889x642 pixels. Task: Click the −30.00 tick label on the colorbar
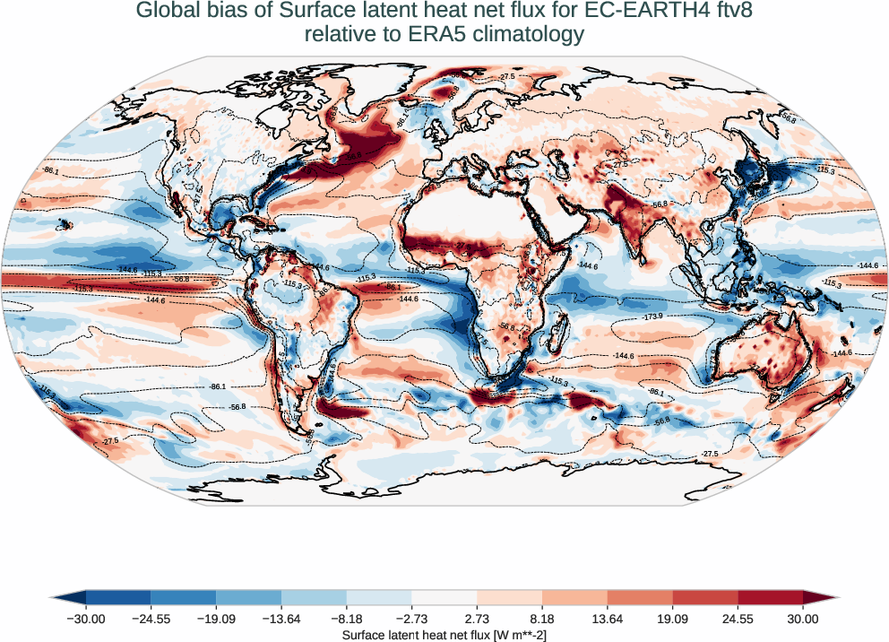tap(86, 619)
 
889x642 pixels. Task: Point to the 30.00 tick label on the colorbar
tap(803, 619)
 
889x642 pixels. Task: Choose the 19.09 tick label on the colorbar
tap(672, 619)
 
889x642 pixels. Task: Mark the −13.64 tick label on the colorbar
tap(281, 619)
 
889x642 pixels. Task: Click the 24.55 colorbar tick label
tap(738, 619)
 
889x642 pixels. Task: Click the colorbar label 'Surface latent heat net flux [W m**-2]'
tap(444, 635)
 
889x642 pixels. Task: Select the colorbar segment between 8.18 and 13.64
tap(574, 597)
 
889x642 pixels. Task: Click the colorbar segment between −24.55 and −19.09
tap(184, 597)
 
